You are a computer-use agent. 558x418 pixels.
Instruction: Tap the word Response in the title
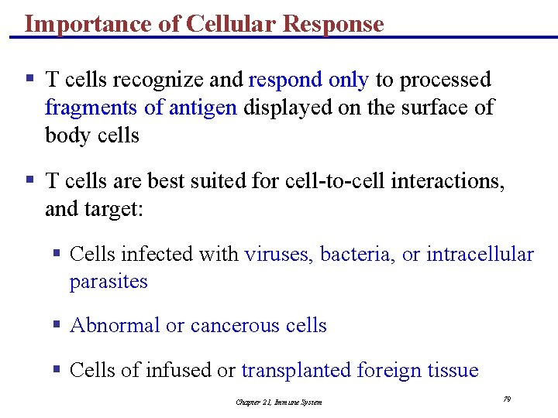pos(333,24)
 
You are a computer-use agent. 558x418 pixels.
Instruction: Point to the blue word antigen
pos(202,108)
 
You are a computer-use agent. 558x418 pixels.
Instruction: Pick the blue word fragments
pos(93,108)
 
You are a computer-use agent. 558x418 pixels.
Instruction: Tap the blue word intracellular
pos(480,254)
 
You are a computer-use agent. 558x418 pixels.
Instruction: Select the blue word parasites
pos(108,281)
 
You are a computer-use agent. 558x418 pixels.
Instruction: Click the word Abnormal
pos(115,325)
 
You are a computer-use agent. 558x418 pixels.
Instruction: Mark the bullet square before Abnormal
pos(57,325)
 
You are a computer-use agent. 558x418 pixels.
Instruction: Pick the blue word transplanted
pos(296,370)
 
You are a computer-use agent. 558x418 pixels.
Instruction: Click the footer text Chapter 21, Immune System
pos(279,402)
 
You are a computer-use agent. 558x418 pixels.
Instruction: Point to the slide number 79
pos(507,399)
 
